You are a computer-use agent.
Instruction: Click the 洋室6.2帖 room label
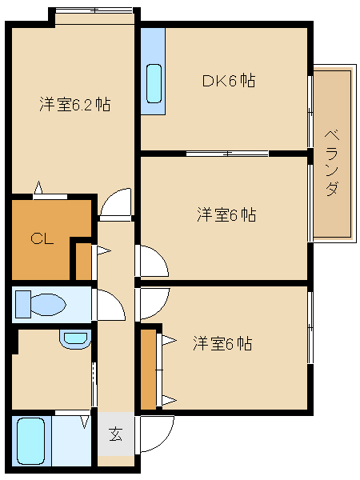pos(74,105)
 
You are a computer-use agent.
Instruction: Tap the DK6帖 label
pos(227,81)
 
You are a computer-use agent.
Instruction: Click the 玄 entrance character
pos(116,435)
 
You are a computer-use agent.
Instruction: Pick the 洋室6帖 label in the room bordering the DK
pos(226,215)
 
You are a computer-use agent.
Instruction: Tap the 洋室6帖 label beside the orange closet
pos(222,344)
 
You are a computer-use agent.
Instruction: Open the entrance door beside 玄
pos(157,432)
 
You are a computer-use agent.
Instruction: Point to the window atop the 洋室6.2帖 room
pos(94,10)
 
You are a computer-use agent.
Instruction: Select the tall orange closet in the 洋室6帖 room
pos(149,368)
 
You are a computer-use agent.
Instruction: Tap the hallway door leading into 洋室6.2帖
pos(117,204)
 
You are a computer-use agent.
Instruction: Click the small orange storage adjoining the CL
pos(82,260)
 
